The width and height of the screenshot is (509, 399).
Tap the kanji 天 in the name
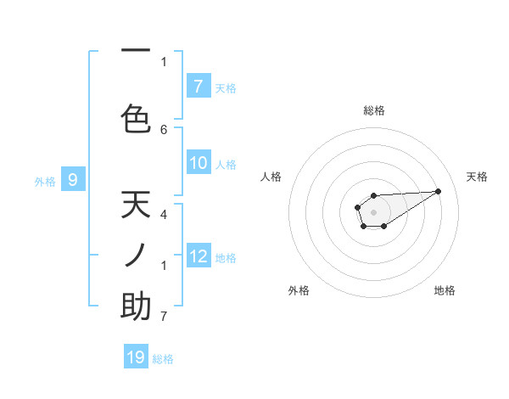136,205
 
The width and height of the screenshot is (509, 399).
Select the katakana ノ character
136,255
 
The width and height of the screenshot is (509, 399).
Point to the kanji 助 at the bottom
136,306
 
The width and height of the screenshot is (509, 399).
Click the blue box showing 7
199,86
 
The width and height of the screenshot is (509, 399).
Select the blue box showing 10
199,163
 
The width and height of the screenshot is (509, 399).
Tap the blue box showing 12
199,256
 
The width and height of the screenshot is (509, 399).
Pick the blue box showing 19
136,357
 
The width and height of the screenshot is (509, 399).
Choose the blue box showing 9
73,179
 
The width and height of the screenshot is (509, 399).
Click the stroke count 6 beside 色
164,129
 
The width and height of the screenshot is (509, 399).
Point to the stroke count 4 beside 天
164,215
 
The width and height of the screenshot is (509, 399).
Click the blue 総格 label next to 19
163,359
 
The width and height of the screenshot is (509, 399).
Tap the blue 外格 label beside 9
45,181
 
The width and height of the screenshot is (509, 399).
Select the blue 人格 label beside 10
226,164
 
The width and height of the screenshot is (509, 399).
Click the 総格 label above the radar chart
374,110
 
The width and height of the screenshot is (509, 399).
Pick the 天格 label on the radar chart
477,177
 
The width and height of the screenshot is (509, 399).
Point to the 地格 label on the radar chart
445,290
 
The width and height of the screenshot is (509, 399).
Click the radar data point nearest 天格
439,190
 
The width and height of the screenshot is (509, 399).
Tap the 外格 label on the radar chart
299,290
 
